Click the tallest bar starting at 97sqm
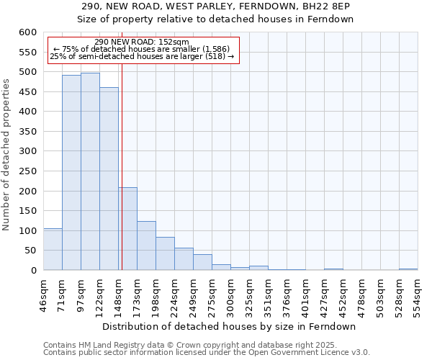point(90,171)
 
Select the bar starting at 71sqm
point(71,173)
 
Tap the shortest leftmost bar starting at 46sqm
point(53,249)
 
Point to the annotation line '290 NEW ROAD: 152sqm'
point(141,42)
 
